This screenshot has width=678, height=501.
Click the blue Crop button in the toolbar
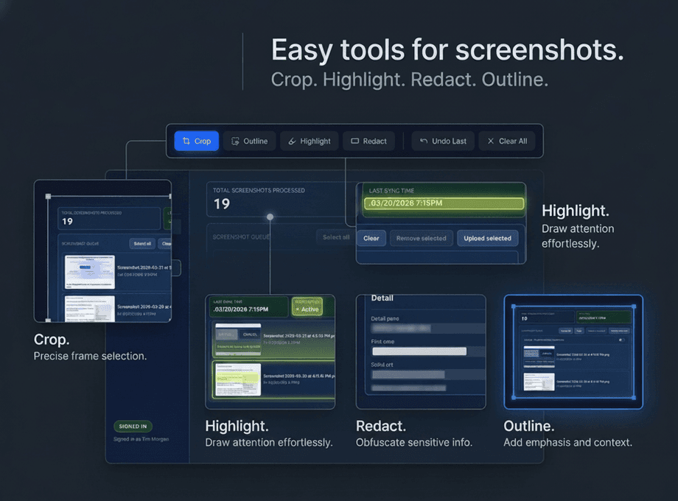point(196,141)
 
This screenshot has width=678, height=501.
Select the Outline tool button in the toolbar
point(249,141)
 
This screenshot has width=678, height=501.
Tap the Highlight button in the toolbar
point(309,141)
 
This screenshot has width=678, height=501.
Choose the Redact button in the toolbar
point(368,141)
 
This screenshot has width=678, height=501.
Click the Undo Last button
point(442,141)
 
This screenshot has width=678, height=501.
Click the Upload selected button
point(487,238)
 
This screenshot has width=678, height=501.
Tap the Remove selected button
point(421,238)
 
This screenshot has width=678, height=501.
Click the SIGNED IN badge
point(133,426)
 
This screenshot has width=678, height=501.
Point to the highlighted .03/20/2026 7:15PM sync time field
point(444,204)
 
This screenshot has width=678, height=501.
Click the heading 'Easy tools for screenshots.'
point(447,50)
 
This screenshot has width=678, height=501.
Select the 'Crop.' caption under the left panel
point(52,340)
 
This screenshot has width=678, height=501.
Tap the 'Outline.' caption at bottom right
point(529,426)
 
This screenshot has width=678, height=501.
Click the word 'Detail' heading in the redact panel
point(382,298)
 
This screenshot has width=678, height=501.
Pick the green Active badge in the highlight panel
point(307,306)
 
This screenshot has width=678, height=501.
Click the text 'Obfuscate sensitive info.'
point(413,443)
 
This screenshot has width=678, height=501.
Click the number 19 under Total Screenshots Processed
point(222,204)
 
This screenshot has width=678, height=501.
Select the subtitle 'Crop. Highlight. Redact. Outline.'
point(409,80)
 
